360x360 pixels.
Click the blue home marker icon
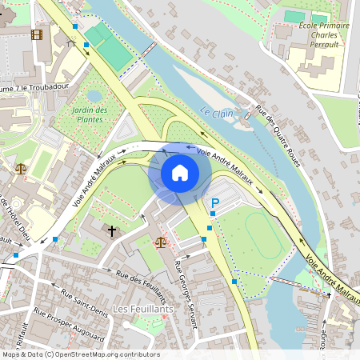[x=180, y=172]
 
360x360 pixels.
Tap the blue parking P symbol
[x=214, y=206]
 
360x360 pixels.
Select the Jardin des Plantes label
[x=87, y=114]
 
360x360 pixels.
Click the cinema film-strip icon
[x=36, y=34]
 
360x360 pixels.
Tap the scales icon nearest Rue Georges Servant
[x=161, y=241]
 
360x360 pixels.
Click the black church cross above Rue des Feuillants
[x=112, y=231]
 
